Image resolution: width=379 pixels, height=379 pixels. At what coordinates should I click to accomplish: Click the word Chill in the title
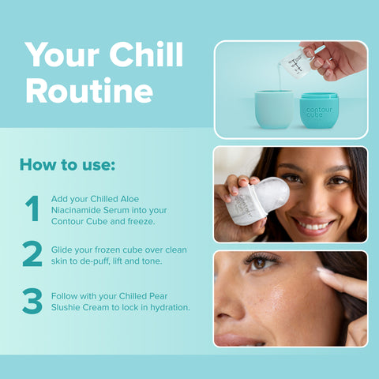pos(146,54)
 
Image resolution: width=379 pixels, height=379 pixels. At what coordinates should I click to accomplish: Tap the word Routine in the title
pos(89,90)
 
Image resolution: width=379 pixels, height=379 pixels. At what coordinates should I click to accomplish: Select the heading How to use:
pos(67,165)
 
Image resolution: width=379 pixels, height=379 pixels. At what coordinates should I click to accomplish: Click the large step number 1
pos(32,208)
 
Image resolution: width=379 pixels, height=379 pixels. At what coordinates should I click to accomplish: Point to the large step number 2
pos(32,253)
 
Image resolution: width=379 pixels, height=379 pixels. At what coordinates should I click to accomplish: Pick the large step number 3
pos(32,301)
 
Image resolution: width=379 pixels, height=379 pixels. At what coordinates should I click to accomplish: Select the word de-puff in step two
pos(96,261)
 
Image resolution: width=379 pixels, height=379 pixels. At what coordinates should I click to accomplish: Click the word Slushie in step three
pos(66,307)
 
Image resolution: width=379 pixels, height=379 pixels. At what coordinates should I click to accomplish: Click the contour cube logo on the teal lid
pos(319,112)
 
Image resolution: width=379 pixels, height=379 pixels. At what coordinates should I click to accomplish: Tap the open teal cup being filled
pos(274,109)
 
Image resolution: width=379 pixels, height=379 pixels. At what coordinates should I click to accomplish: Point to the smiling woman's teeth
pos(313,226)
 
